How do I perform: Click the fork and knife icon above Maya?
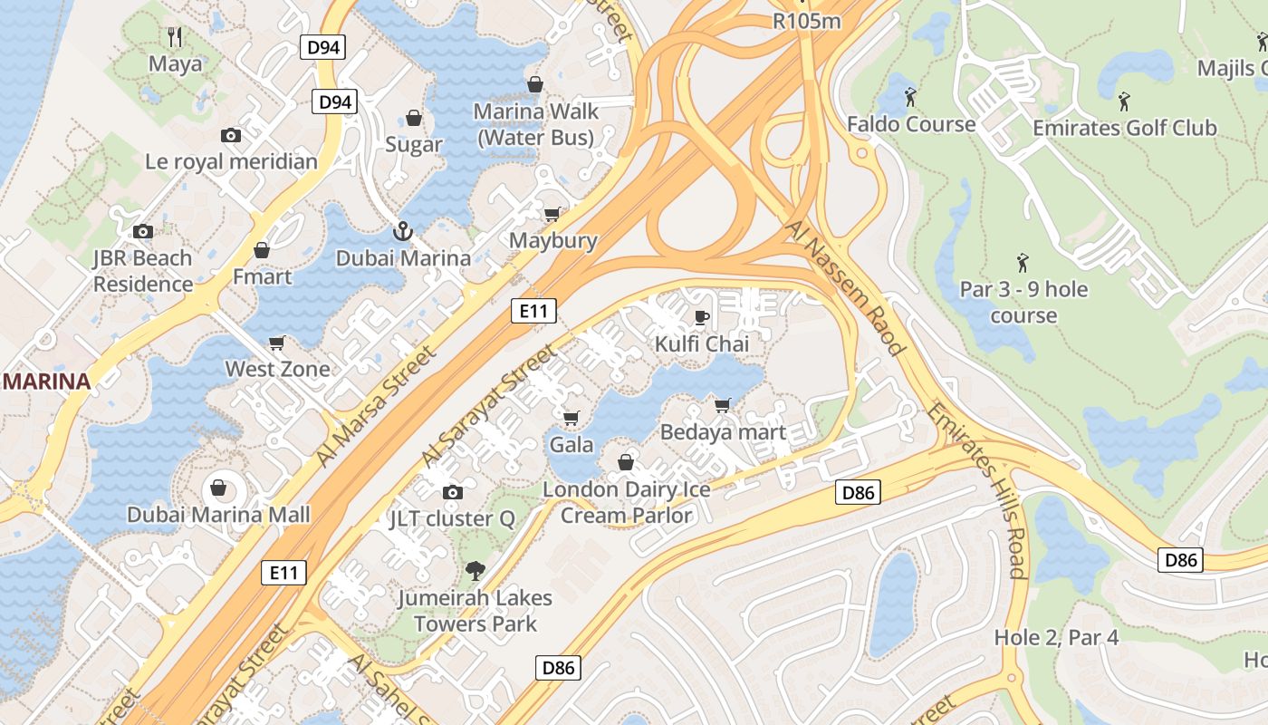[x=176, y=37]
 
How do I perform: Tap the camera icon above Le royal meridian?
[x=231, y=135]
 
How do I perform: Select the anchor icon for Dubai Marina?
[x=403, y=231]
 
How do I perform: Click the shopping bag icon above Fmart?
[x=262, y=249]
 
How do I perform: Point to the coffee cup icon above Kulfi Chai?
[x=701, y=317]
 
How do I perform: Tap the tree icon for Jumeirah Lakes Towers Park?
[x=473, y=571]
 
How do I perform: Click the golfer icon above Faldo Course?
[x=910, y=96]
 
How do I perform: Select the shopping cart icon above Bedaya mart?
[x=722, y=405]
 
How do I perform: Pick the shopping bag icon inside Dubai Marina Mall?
[x=218, y=488]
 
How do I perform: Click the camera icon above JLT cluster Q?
[x=452, y=492]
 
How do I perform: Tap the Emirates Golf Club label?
[x=1124, y=128]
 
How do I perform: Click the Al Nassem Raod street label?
[x=846, y=287]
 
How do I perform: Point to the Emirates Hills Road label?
[x=977, y=489]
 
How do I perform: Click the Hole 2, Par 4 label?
[x=1056, y=637]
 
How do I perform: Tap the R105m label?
[x=807, y=20]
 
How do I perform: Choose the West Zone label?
[x=277, y=369]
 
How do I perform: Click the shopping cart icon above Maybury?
[x=552, y=214]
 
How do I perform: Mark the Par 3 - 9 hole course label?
[x=1023, y=303]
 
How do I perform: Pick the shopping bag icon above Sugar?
[x=414, y=118]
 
